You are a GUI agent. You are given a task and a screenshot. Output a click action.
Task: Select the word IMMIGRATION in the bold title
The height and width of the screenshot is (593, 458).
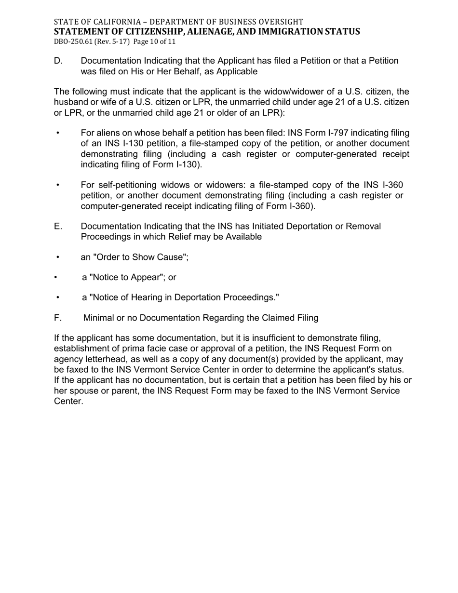(x=280, y=32)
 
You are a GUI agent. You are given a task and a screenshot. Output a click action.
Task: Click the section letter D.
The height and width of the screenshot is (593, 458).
(x=58, y=61)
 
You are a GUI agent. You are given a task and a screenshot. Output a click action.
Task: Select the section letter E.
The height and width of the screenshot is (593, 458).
(x=58, y=227)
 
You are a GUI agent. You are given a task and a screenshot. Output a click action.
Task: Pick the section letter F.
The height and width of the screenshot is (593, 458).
(x=58, y=318)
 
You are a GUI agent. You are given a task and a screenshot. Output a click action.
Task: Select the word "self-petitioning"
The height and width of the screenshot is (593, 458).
(x=129, y=185)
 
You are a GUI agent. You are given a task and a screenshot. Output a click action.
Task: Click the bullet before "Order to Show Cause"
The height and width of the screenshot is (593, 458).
(x=58, y=257)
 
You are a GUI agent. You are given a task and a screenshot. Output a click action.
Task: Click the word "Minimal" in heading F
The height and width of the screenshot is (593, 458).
(x=99, y=318)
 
